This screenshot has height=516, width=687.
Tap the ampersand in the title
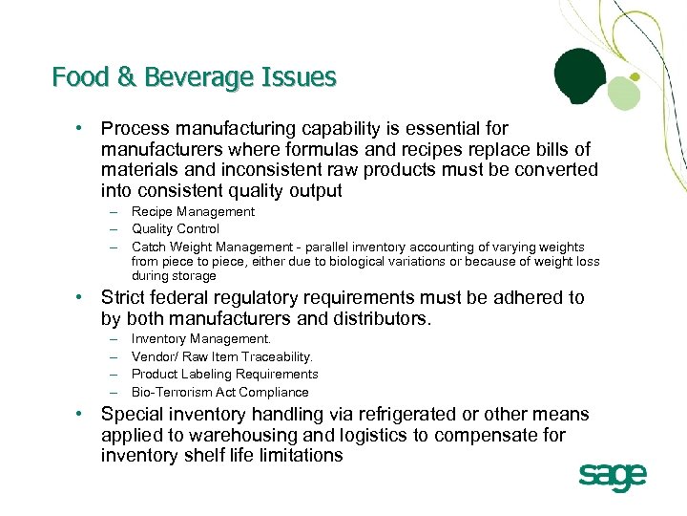(x=126, y=76)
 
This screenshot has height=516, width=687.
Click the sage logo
(x=613, y=477)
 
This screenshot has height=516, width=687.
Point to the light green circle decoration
(x=622, y=93)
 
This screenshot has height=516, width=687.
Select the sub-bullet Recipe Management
(x=193, y=211)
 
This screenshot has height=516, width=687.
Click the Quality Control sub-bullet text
(x=175, y=228)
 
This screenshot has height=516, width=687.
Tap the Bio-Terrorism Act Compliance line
(x=219, y=392)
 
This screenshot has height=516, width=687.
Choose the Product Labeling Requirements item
(x=224, y=375)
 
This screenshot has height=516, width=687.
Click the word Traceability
(x=277, y=357)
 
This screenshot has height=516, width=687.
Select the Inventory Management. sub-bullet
(x=201, y=339)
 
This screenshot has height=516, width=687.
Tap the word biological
(x=344, y=262)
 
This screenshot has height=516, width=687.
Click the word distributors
(x=379, y=318)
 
